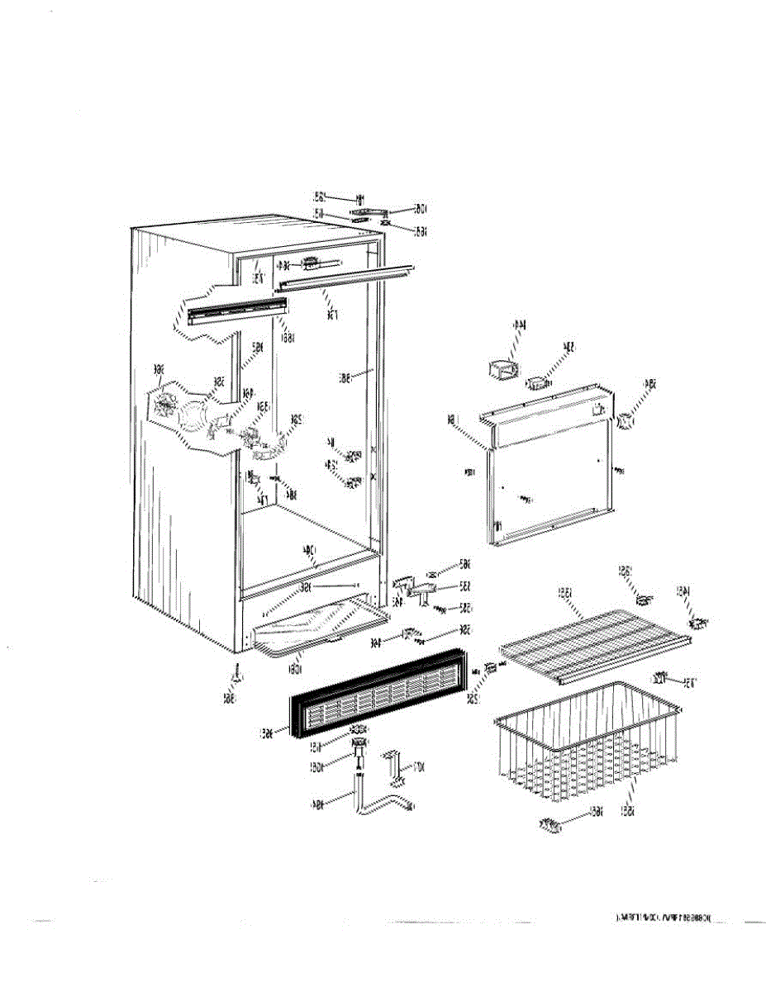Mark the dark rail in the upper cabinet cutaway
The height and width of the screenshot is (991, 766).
[x=231, y=311]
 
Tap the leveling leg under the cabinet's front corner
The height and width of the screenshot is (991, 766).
[x=237, y=676]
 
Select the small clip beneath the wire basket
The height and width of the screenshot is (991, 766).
[x=550, y=823]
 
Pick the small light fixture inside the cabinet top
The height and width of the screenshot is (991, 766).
[x=312, y=263]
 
